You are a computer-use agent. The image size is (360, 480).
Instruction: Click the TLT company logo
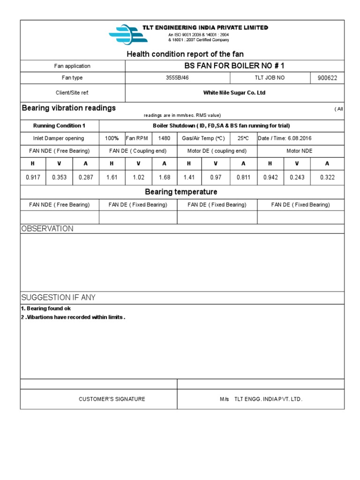tap(124, 34)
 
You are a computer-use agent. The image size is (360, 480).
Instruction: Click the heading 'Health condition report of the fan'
tap(185, 54)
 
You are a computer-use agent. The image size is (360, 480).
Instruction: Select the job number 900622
tap(327, 78)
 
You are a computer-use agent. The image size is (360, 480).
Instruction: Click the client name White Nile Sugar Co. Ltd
tap(234, 93)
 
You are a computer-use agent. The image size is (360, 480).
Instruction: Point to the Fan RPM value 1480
tap(164, 138)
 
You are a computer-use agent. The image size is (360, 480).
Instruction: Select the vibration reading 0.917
tap(32, 178)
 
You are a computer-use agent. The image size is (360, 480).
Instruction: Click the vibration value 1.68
tap(164, 178)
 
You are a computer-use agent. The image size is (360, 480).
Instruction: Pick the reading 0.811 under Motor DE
tap(243, 178)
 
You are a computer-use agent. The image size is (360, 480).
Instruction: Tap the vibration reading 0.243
tap(296, 178)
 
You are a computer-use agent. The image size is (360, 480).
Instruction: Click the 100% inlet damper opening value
tap(112, 138)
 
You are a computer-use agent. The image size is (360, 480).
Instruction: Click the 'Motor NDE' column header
tap(299, 151)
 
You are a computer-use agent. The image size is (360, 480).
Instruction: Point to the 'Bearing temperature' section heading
tap(181, 192)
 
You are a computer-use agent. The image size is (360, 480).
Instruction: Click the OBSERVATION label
tap(47, 229)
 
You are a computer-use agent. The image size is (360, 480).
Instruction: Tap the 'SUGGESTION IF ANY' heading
tap(59, 298)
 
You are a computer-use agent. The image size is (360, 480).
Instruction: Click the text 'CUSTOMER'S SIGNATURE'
tap(112, 399)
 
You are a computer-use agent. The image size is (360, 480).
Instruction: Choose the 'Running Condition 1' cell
tap(59, 126)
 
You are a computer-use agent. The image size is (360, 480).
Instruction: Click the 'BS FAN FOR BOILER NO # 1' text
tap(234, 66)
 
